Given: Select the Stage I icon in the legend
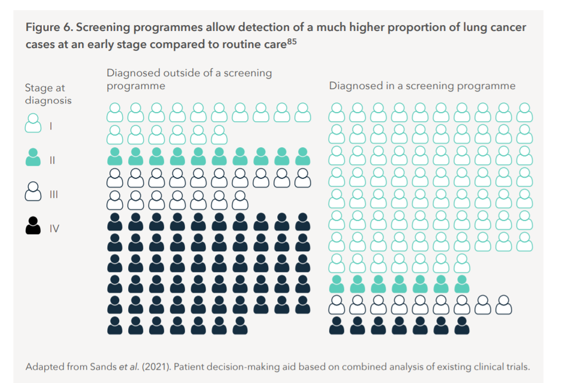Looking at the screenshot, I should pos(33,123).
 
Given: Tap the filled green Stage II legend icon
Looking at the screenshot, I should pos(33,157).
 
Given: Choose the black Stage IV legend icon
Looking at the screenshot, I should pos(33,226).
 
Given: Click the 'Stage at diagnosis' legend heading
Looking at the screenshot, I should pos(48,93).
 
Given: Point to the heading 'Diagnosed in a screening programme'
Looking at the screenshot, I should pos(422,85).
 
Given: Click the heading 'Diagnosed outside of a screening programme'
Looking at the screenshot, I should pos(189,79).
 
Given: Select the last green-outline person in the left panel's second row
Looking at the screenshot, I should pos(219,135).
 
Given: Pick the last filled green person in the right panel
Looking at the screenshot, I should pos(462,283).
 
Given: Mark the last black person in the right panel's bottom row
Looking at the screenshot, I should pos(462,325).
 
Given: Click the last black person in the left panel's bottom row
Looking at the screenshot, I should pos(240,325).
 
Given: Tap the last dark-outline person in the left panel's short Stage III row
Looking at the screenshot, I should pos(240,200).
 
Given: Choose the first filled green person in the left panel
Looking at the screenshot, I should pos(114,156).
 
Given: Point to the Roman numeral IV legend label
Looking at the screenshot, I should pos(54,229).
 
